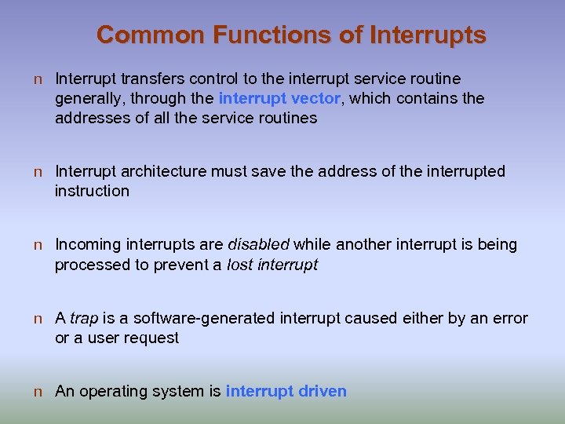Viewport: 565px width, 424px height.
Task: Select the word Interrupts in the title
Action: point(427,35)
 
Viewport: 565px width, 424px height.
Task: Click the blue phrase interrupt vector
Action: point(279,98)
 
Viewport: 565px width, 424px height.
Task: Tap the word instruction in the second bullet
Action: point(92,191)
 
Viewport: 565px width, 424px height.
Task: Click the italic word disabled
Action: point(258,244)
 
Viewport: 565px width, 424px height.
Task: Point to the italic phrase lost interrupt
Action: point(272,265)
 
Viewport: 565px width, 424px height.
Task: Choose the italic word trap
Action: point(84,318)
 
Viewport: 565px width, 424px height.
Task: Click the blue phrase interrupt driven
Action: point(286,391)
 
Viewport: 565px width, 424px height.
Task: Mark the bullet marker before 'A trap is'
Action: point(38,319)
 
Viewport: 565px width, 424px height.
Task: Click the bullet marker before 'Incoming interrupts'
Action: point(38,245)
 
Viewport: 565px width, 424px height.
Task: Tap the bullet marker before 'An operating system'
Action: point(38,392)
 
